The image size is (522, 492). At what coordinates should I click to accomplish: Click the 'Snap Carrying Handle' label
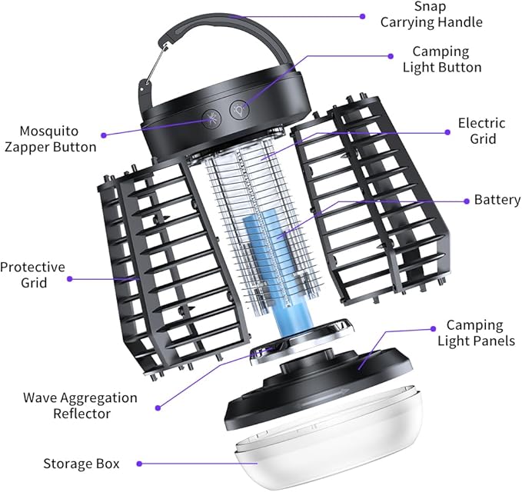431,14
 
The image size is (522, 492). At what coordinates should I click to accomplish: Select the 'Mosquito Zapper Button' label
48,138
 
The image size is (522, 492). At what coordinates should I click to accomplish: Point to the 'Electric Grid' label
481,131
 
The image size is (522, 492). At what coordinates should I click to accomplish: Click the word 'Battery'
497,200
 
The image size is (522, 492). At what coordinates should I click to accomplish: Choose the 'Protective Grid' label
32,275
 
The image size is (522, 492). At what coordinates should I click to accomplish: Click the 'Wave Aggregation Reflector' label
80,405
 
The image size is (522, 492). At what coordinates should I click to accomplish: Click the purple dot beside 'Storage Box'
138,464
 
